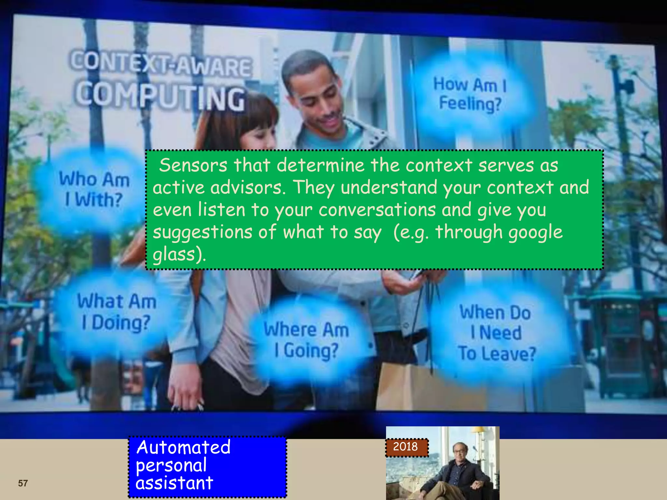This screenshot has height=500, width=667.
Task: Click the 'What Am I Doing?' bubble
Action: (x=116, y=312)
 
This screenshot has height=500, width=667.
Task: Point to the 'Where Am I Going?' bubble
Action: (x=306, y=340)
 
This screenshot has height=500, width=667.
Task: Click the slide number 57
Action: (x=23, y=483)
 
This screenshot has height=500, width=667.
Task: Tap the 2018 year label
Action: (x=405, y=446)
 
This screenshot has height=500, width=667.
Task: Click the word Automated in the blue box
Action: (x=183, y=447)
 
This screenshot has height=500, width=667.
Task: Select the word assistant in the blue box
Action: (x=174, y=483)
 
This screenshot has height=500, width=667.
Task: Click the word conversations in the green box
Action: (x=377, y=210)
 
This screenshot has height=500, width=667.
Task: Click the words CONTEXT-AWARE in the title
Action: (x=161, y=65)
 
